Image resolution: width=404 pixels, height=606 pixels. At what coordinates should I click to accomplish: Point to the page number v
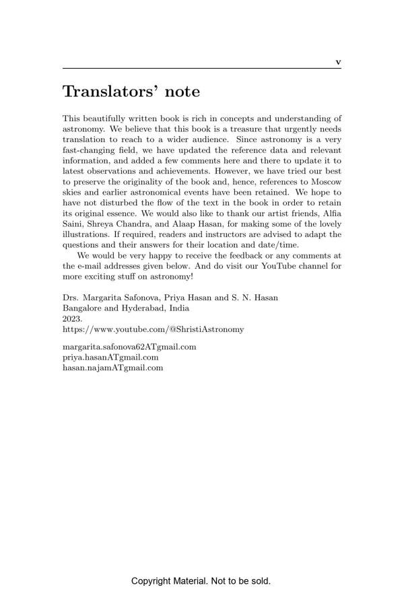(338, 63)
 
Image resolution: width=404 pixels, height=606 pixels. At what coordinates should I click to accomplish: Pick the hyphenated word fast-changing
(91, 150)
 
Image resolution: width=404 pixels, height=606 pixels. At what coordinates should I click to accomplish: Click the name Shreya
(101, 224)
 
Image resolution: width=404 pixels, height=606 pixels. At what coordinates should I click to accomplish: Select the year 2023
(72, 318)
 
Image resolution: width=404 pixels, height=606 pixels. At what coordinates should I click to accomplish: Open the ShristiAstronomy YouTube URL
(154, 329)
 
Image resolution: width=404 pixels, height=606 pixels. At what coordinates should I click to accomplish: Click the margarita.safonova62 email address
(129, 347)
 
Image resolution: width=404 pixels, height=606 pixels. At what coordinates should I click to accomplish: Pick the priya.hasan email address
(110, 358)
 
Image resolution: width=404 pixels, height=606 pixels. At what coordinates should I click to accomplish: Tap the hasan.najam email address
(112, 368)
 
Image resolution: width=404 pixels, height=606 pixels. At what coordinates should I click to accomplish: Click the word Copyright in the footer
(151, 581)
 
